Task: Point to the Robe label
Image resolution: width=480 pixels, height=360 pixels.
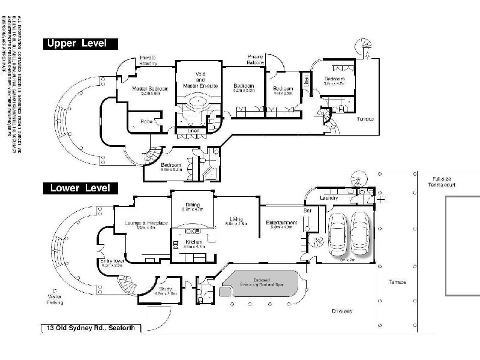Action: point(146,122)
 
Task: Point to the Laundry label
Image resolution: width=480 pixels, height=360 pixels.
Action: point(329,198)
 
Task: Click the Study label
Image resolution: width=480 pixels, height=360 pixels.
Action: point(165,289)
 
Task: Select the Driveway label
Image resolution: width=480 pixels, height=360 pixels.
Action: point(342,311)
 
